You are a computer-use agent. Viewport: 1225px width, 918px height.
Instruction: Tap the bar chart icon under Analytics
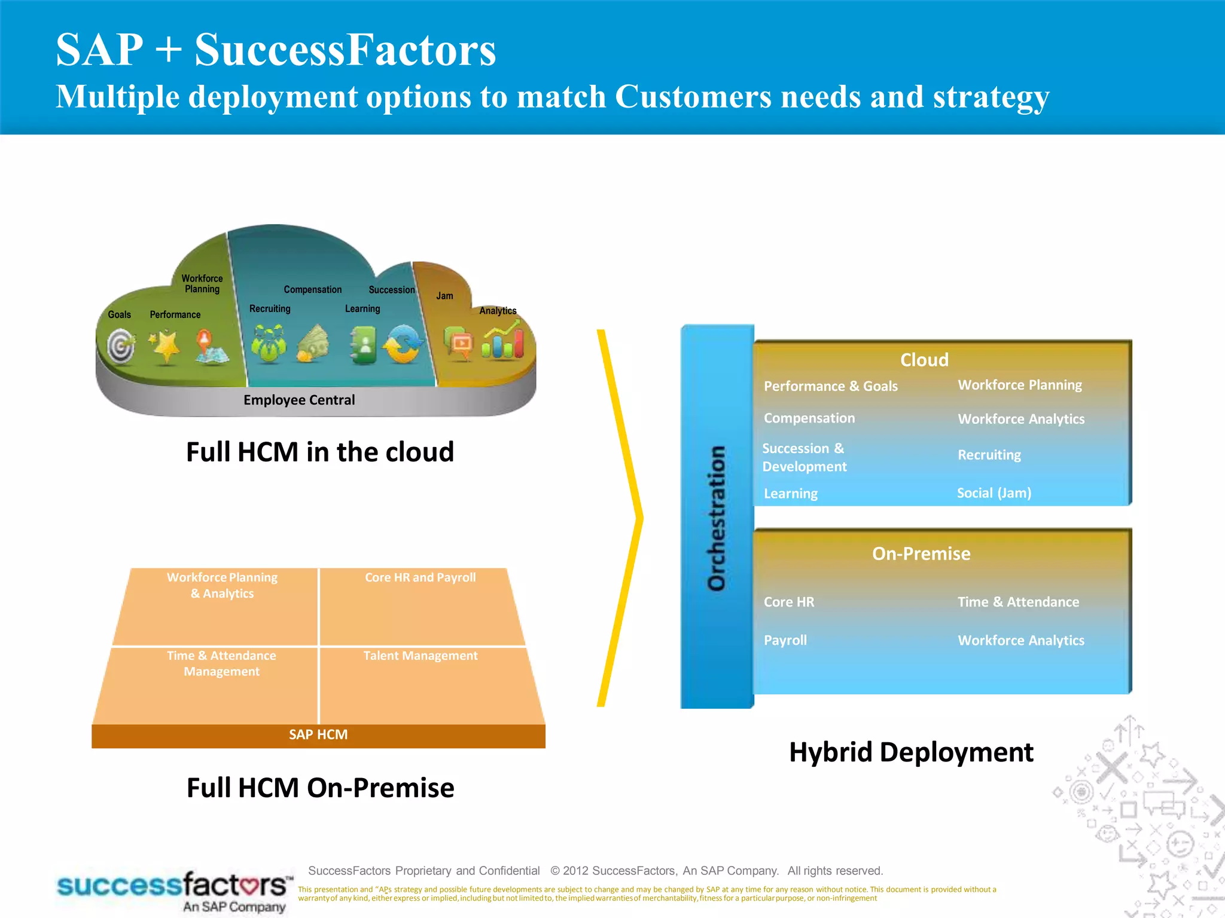tap(502, 342)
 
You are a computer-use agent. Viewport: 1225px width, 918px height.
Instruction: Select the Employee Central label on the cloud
tap(299, 400)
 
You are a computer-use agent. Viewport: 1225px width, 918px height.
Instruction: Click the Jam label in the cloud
tap(444, 296)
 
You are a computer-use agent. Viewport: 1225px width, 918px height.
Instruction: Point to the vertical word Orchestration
tap(716, 518)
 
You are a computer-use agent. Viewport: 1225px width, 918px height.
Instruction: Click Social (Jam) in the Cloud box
tap(994, 493)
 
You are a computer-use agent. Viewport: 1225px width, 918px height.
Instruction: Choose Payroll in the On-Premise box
tap(785, 640)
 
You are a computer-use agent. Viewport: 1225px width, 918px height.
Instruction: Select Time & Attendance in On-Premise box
tap(1018, 602)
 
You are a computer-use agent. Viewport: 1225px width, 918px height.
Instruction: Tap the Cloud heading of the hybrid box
tap(924, 360)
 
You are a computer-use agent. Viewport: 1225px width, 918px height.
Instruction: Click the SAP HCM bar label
tap(318, 735)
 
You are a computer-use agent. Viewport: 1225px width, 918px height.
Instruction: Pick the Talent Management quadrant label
tap(420, 656)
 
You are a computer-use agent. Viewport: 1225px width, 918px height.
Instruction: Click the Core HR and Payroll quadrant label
tap(420, 577)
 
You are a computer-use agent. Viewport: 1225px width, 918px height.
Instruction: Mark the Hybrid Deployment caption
tap(911, 752)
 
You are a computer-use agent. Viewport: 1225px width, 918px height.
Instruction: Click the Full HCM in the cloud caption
tap(320, 452)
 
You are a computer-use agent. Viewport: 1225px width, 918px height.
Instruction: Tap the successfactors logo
tap(173, 891)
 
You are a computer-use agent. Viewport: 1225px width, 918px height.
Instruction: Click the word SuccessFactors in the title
tap(345, 50)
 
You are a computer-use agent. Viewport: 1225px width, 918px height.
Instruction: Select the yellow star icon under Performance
tap(165, 346)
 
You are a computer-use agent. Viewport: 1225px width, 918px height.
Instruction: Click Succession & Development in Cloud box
tap(805, 457)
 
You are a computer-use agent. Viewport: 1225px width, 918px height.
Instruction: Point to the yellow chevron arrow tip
tap(640, 518)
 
